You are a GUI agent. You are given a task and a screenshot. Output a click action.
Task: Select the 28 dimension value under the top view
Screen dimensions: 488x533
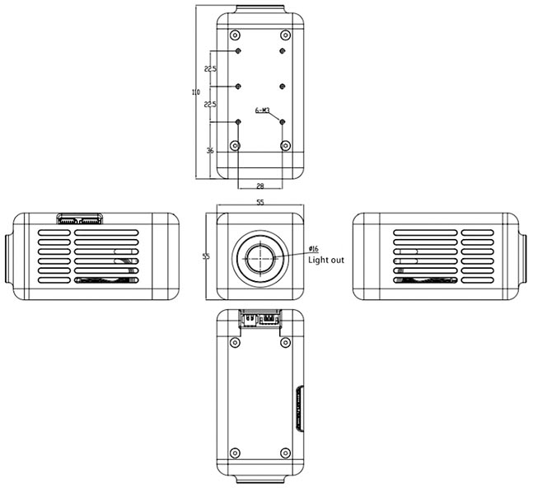(260, 188)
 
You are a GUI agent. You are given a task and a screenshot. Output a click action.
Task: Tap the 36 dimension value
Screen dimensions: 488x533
(210, 151)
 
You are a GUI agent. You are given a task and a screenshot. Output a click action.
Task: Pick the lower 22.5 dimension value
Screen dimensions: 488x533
(210, 105)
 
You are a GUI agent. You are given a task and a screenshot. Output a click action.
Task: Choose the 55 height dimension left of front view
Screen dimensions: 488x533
(206, 256)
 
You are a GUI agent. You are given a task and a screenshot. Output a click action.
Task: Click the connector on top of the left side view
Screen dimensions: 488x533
(80, 219)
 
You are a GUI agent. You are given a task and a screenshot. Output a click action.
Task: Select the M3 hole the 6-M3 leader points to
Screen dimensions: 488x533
(283, 122)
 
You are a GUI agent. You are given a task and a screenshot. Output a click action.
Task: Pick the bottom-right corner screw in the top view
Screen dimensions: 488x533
(285, 146)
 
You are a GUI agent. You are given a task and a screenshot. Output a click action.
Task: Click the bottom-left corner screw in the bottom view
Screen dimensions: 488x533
(236, 453)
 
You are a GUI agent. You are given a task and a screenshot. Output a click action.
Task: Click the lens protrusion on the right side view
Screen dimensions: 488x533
(525, 256)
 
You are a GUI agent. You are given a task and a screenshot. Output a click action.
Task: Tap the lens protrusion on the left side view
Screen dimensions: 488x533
(7, 256)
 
